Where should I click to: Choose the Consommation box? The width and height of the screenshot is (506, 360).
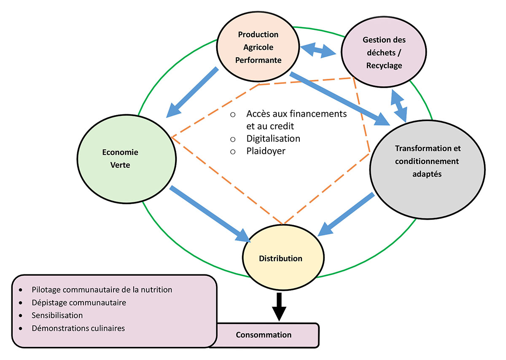[264, 335]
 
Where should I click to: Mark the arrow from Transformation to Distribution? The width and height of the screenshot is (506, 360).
[346, 215]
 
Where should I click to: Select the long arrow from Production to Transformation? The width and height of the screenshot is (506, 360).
[339, 99]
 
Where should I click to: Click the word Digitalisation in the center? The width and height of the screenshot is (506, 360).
[273, 138]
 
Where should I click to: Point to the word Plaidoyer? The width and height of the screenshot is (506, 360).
[266, 150]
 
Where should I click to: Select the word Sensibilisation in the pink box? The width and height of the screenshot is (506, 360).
[57, 315]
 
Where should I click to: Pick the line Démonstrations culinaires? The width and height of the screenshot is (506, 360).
[78, 328]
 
